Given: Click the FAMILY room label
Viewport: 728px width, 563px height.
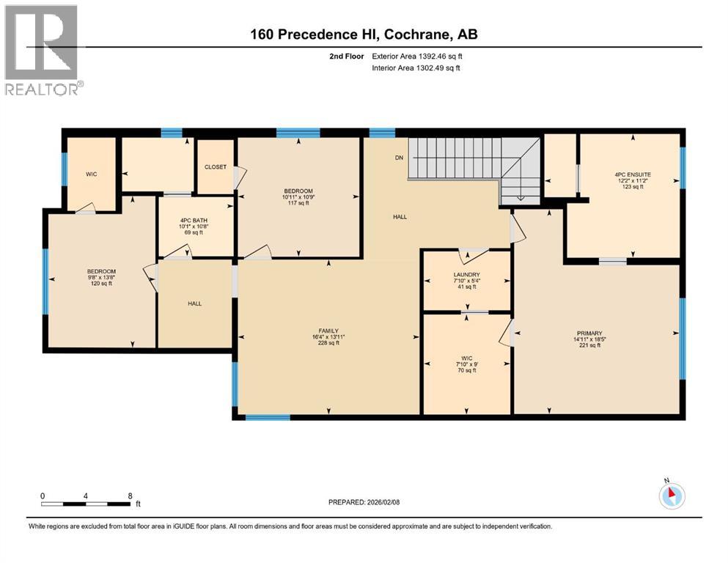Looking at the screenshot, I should click(327, 331).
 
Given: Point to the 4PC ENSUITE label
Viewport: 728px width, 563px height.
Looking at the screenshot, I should click(633, 174).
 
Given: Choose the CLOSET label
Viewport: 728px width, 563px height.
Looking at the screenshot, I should click(216, 167).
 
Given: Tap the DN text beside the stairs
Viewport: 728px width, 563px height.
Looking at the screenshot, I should click(399, 158).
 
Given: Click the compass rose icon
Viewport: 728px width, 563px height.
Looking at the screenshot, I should click(671, 496).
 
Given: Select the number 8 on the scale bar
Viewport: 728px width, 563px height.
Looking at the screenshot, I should click(130, 496).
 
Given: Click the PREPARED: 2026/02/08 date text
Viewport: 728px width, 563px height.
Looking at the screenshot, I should click(370, 502).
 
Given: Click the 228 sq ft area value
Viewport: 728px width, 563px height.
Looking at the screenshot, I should click(327, 343).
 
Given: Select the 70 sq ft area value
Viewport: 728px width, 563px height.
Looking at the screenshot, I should click(466, 370).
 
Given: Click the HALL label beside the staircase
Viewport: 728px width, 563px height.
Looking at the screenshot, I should click(400, 217).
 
